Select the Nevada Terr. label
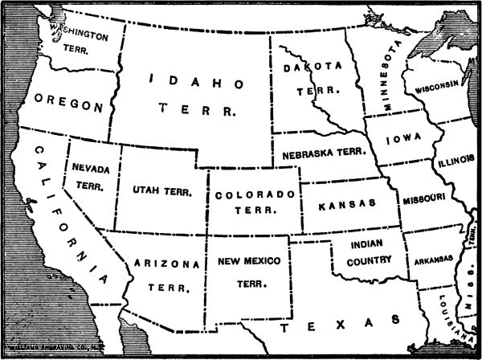[90, 176]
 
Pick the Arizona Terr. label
[167, 274]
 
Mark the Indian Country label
[366, 252]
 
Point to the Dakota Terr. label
[308, 80]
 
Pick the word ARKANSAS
[434, 260]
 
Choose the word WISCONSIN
[437, 84]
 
